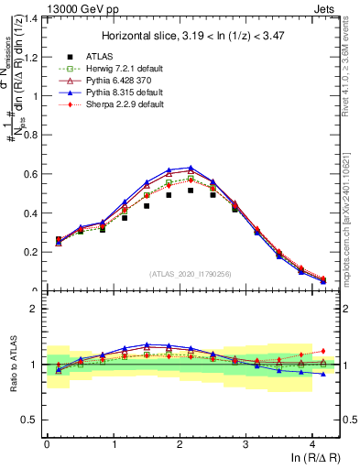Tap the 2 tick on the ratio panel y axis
tap(35, 309)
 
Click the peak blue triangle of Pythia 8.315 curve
tap(191, 168)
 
